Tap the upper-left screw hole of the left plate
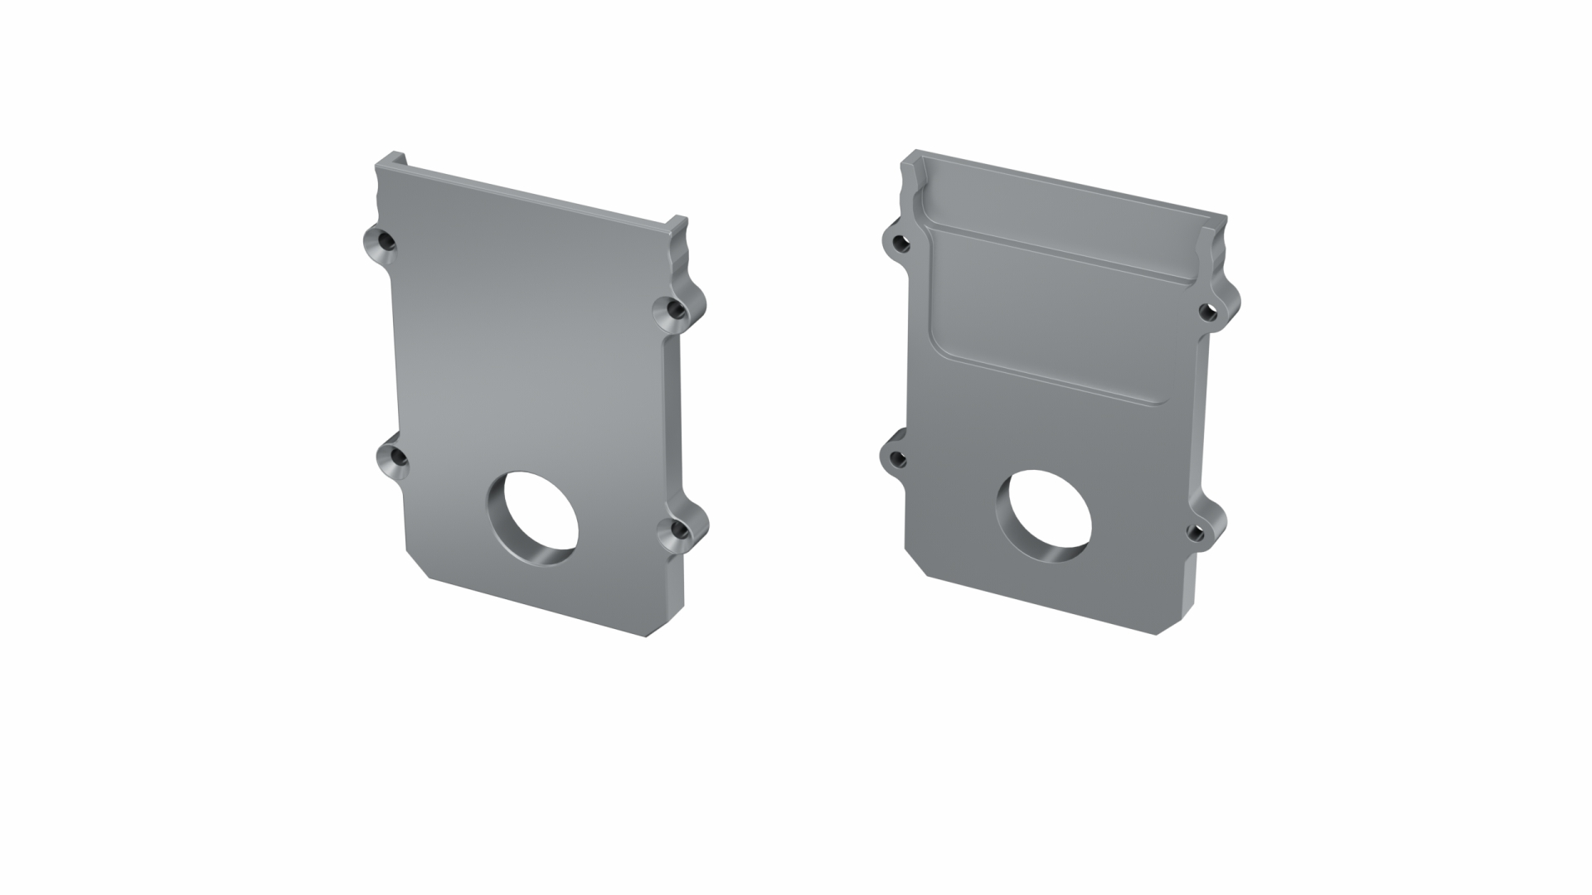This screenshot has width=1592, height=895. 383,243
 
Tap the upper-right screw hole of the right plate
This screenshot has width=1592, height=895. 1207,312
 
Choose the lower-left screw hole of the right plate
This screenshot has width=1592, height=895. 898,457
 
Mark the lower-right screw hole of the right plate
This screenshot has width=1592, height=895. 1196,531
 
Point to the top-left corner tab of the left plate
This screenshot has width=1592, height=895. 390,160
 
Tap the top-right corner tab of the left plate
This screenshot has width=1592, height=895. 678,224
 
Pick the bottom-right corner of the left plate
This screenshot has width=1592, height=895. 655,633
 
